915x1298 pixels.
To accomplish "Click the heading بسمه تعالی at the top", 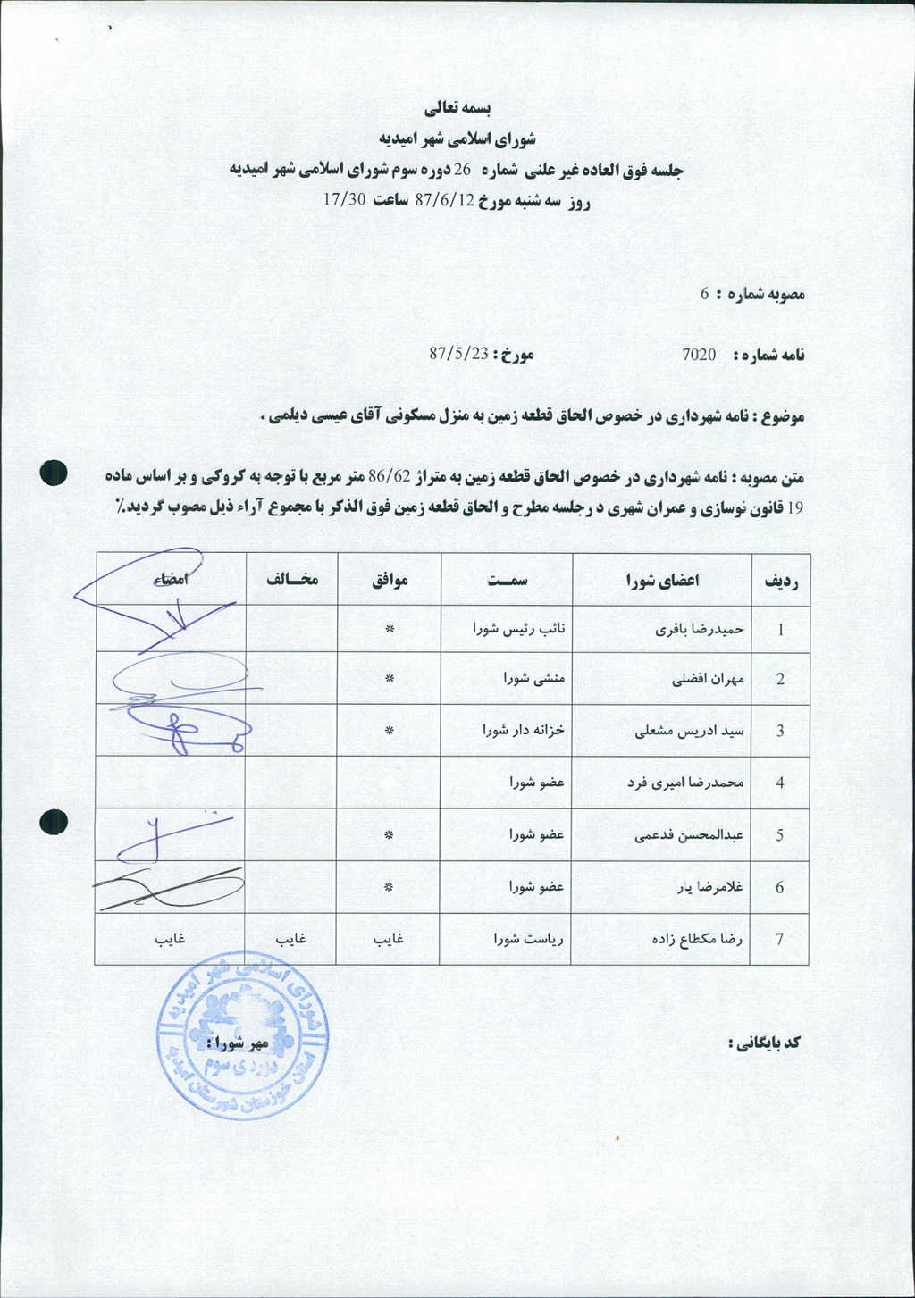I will coord(457,108).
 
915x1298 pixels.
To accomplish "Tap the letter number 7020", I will coord(699,355).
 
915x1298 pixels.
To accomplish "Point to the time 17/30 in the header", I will coord(345,199).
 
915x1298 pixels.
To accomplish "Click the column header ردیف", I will coord(779,580).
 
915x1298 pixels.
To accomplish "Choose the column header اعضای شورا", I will coord(662,580).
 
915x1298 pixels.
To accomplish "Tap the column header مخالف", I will coord(291,579).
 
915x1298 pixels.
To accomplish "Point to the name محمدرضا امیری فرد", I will coord(685,783).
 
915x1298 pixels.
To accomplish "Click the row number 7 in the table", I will coord(780,940).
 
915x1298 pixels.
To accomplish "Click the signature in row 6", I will coord(170,887).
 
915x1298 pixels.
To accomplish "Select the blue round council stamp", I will coord(242,1035).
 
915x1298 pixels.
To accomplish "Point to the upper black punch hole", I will coord(54,473).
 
